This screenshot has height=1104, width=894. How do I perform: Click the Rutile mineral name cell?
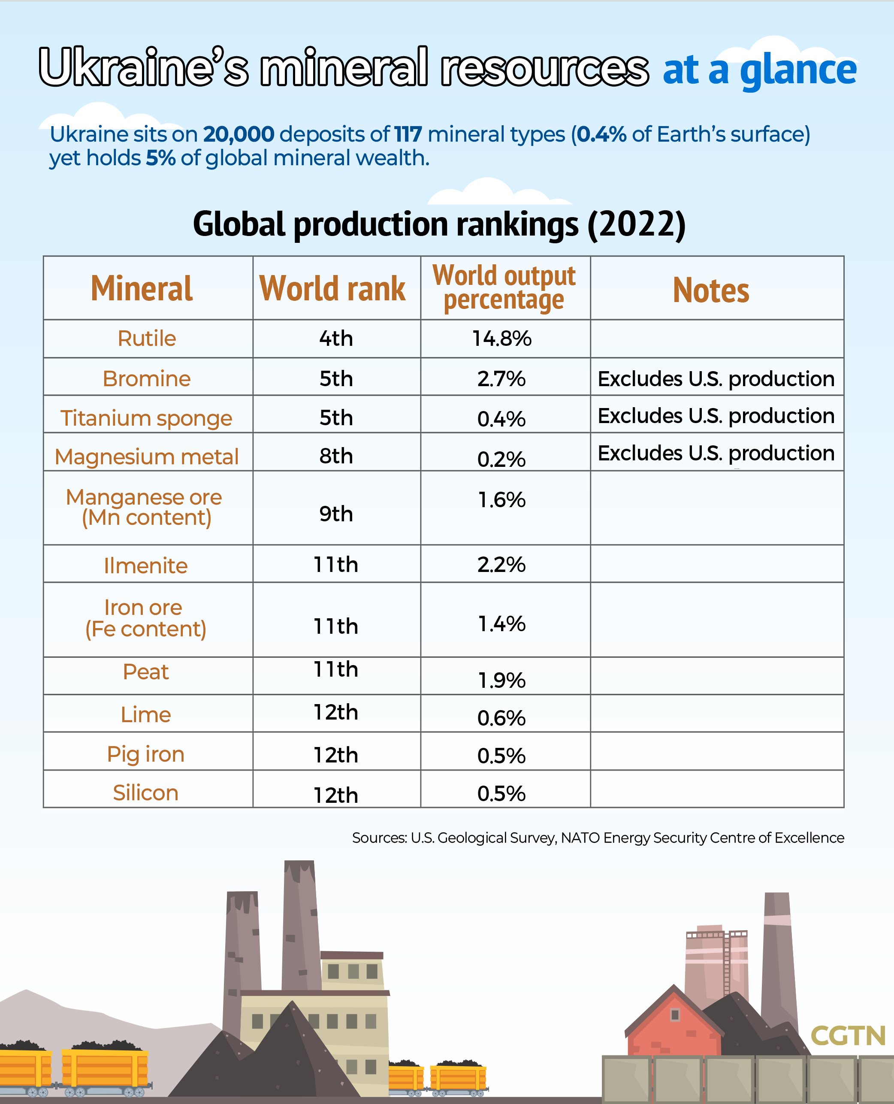[x=147, y=339]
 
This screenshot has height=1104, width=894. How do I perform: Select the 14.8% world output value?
[x=501, y=339]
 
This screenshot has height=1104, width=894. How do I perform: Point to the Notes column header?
[x=711, y=290]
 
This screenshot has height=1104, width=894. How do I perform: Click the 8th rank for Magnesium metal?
[x=336, y=456]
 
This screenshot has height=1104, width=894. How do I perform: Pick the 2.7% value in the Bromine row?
[x=501, y=378]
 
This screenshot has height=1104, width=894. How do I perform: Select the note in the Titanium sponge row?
[x=716, y=416]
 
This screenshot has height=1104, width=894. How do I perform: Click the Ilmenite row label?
[x=146, y=566]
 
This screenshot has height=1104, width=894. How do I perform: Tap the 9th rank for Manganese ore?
[x=336, y=514]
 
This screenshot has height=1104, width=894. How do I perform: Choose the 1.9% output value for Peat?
[x=501, y=681]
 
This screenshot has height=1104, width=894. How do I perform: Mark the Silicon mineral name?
[x=146, y=793]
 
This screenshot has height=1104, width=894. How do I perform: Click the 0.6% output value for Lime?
[x=501, y=718]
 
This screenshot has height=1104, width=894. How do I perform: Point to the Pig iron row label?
[x=146, y=754]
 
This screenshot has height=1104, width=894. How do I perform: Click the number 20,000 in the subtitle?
[x=239, y=134]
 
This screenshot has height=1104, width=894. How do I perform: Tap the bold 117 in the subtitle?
[x=408, y=134]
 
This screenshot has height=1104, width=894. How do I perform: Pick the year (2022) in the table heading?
[x=637, y=224]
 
